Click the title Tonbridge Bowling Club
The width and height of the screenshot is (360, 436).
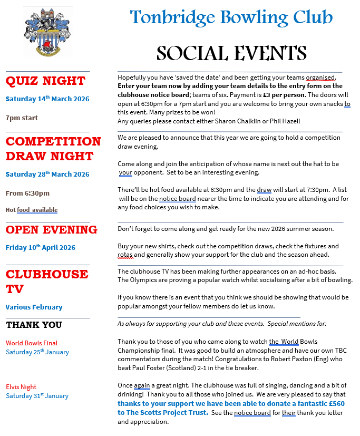[x=231, y=17]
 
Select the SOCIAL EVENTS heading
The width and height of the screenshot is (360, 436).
[x=231, y=53]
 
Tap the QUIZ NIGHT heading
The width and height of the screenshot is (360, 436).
[x=45, y=81]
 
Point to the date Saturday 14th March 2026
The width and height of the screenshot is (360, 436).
[x=47, y=99]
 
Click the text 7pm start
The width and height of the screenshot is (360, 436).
[x=22, y=118]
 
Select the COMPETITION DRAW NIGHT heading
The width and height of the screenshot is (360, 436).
[x=53, y=149]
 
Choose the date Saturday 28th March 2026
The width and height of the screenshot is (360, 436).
[x=47, y=174]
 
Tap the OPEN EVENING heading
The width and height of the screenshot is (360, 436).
[x=51, y=230]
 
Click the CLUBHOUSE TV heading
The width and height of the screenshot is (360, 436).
[x=46, y=281]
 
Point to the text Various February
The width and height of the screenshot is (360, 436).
[x=34, y=307]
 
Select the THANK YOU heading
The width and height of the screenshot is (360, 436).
[x=34, y=325]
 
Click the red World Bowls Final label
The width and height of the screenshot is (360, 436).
[x=32, y=343]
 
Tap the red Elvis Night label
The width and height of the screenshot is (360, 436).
[x=21, y=387]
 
